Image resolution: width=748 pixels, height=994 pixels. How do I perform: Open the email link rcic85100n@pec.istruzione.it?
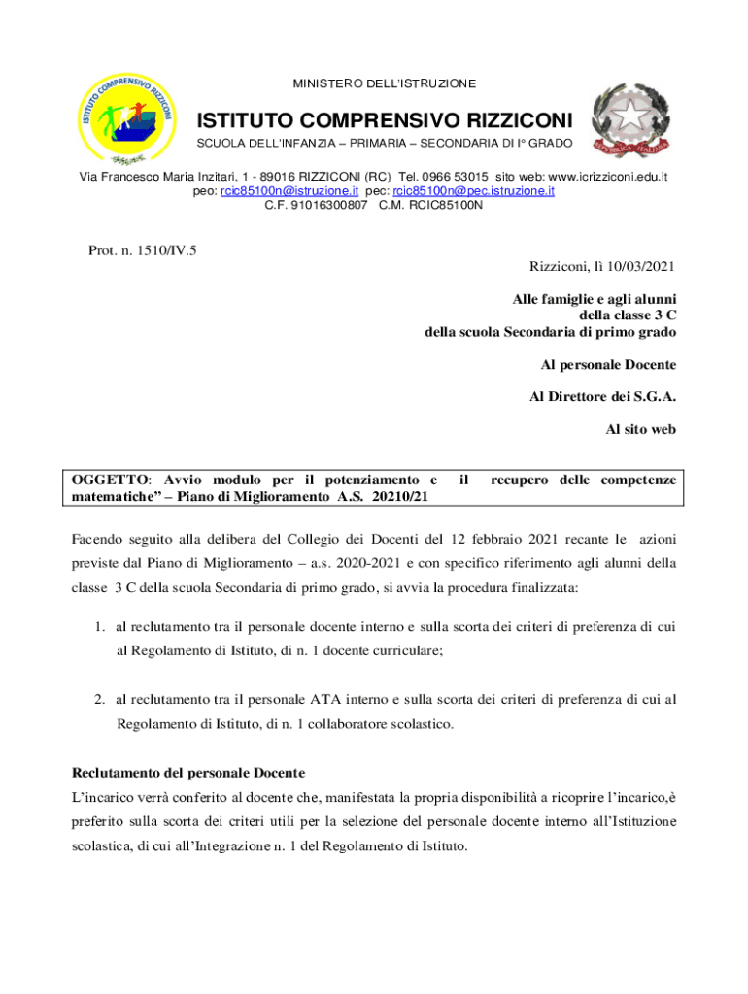[x=473, y=191]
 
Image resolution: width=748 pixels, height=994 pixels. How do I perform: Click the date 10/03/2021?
[x=637, y=266]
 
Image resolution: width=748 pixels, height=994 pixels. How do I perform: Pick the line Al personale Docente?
[x=608, y=365]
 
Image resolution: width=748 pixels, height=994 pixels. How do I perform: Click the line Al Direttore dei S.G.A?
[x=603, y=396]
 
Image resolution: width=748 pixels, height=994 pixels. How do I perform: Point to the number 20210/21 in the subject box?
[x=400, y=497]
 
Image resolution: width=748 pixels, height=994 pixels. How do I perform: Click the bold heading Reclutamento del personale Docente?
[x=188, y=773]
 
